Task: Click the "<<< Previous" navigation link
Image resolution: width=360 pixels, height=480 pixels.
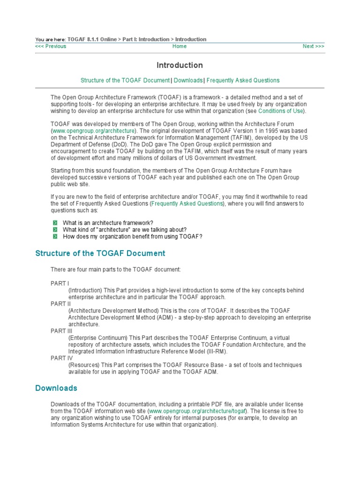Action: pos(51,46)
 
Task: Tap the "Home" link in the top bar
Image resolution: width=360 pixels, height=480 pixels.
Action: pos(180,46)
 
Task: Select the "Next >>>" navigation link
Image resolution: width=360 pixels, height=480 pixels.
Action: pos(313,46)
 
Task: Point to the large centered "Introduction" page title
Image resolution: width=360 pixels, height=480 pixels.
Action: pos(180,65)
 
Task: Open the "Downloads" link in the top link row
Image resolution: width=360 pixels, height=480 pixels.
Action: pos(188,80)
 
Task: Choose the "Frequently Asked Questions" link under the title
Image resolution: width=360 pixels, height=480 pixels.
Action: pos(243,80)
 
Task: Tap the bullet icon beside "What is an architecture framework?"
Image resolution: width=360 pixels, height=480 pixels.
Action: pos(55,223)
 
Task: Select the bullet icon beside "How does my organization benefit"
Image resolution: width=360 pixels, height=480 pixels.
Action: pos(55,237)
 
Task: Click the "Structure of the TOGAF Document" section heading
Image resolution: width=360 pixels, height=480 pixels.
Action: pos(100,254)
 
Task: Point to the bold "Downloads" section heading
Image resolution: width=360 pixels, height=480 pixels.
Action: pos(56,389)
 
